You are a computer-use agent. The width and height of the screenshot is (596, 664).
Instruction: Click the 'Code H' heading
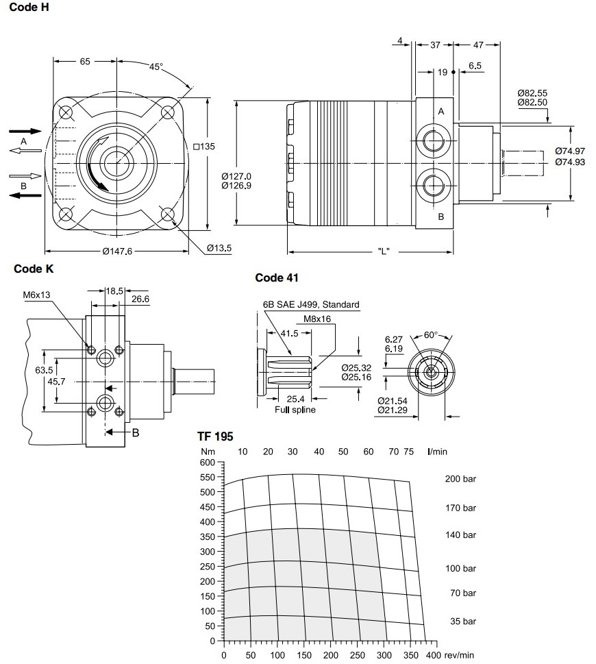click(x=29, y=8)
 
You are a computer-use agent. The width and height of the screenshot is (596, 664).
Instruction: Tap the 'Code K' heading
click(x=34, y=269)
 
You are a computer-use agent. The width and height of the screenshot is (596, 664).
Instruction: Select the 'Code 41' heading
click(x=276, y=278)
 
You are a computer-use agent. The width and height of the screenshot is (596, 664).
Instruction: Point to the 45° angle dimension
click(x=156, y=67)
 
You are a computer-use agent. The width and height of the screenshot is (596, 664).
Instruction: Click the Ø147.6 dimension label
click(x=116, y=251)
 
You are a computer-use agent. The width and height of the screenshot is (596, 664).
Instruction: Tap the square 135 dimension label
click(x=204, y=146)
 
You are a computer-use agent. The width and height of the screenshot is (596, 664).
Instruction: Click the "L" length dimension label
click(x=384, y=251)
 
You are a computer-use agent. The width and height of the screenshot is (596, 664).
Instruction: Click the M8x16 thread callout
click(x=317, y=318)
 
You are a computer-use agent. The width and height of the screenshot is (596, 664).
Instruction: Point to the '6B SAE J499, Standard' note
click(x=311, y=305)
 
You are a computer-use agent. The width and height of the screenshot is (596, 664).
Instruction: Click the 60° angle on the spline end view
click(x=430, y=335)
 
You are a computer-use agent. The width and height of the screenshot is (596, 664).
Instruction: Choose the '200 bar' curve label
click(x=460, y=478)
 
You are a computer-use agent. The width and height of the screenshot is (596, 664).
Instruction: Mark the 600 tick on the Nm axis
click(x=207, y=462)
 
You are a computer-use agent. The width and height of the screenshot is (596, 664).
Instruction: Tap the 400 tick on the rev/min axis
click(x=432, y=656)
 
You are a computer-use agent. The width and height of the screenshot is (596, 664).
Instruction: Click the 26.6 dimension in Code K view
click(x=140, y=299)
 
